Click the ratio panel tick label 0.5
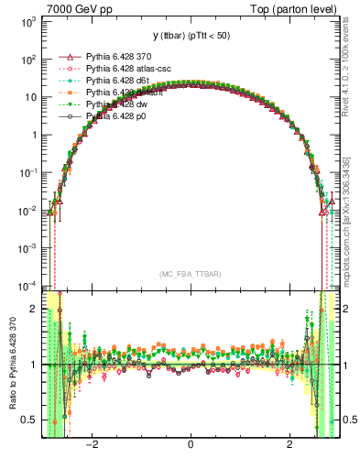pos(30,420)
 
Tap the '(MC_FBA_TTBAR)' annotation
pos(190,275)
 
